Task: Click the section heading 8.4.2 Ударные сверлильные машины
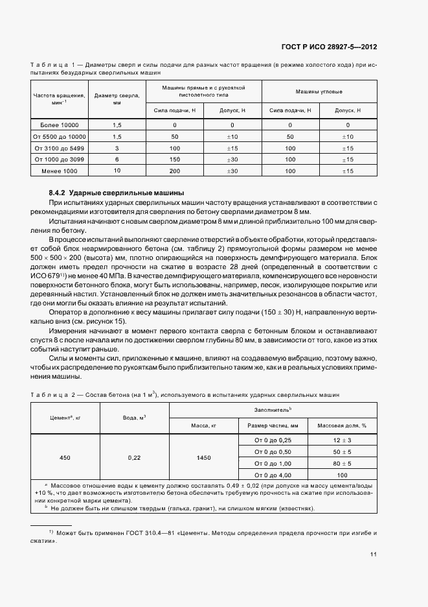(x=117, y=193)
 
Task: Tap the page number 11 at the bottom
(x=374, y=554)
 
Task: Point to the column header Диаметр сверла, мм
(x=117, y=99)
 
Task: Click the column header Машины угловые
(x=319, y=91)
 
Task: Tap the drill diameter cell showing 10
(x=117, y=170)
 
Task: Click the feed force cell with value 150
(x=175, y=159)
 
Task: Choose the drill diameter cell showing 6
(x=117, y=159)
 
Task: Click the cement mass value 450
(x=65, y=458)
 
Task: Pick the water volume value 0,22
(x=134, y=458)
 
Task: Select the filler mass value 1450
(x=203, y=458)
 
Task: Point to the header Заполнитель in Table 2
(x=273, y=410)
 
